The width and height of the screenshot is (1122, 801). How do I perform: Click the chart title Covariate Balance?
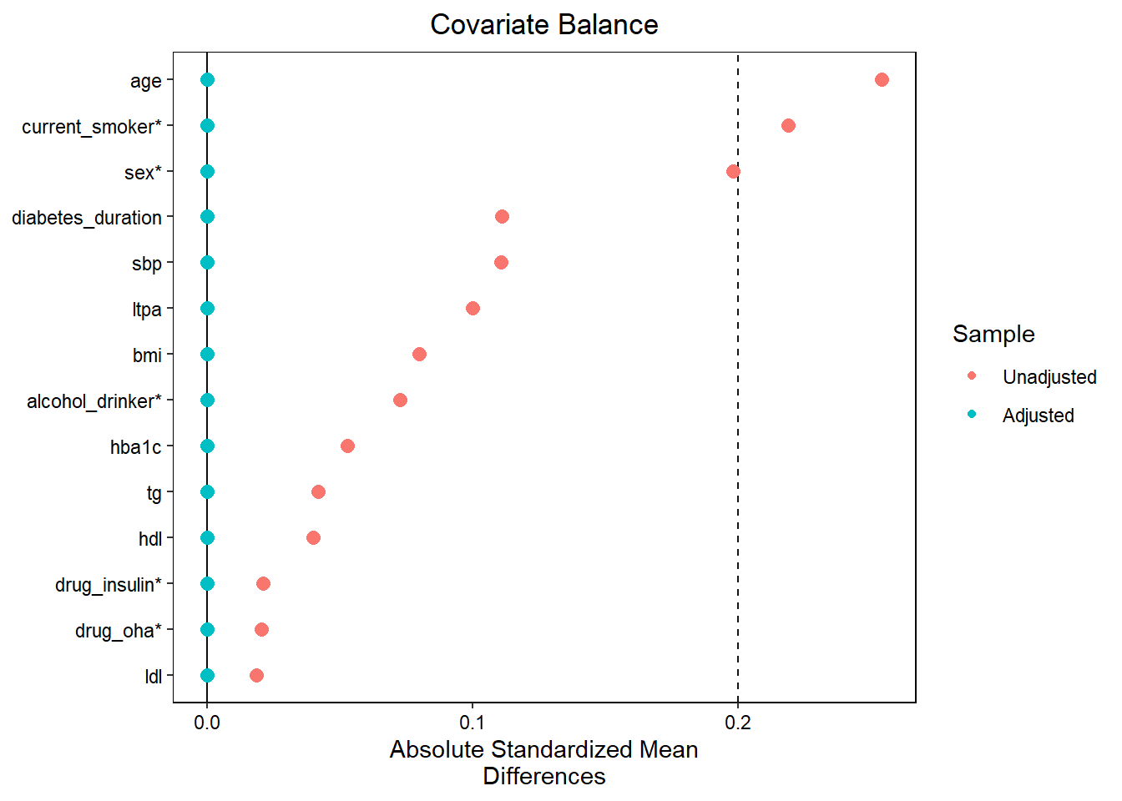543,25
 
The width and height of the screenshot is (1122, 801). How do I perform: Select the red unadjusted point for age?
882,80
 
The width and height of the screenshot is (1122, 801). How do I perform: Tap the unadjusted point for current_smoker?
788,126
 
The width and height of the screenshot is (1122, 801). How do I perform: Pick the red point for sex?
733,172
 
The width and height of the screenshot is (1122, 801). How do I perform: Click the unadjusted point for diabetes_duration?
502,217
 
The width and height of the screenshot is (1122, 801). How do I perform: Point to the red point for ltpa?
473,309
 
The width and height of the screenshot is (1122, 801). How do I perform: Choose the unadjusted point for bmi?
419,355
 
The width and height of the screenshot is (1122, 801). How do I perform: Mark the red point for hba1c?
347,446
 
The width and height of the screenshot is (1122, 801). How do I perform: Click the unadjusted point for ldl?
256,675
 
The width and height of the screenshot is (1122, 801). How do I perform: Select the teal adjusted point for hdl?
207,538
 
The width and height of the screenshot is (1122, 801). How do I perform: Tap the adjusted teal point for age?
207,80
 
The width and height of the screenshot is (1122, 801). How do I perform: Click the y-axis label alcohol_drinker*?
94,401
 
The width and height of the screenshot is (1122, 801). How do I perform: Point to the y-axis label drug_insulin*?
109,585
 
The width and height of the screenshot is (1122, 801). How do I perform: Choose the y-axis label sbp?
147,264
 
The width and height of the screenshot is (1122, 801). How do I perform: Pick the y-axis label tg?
154,493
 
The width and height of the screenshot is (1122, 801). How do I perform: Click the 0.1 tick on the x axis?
473,723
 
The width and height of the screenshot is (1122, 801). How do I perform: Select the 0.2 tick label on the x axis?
738,723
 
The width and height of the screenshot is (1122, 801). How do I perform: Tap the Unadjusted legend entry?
1049,377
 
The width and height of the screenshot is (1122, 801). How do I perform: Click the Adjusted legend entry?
1038,416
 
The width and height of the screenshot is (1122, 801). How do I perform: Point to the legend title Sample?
993,334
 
